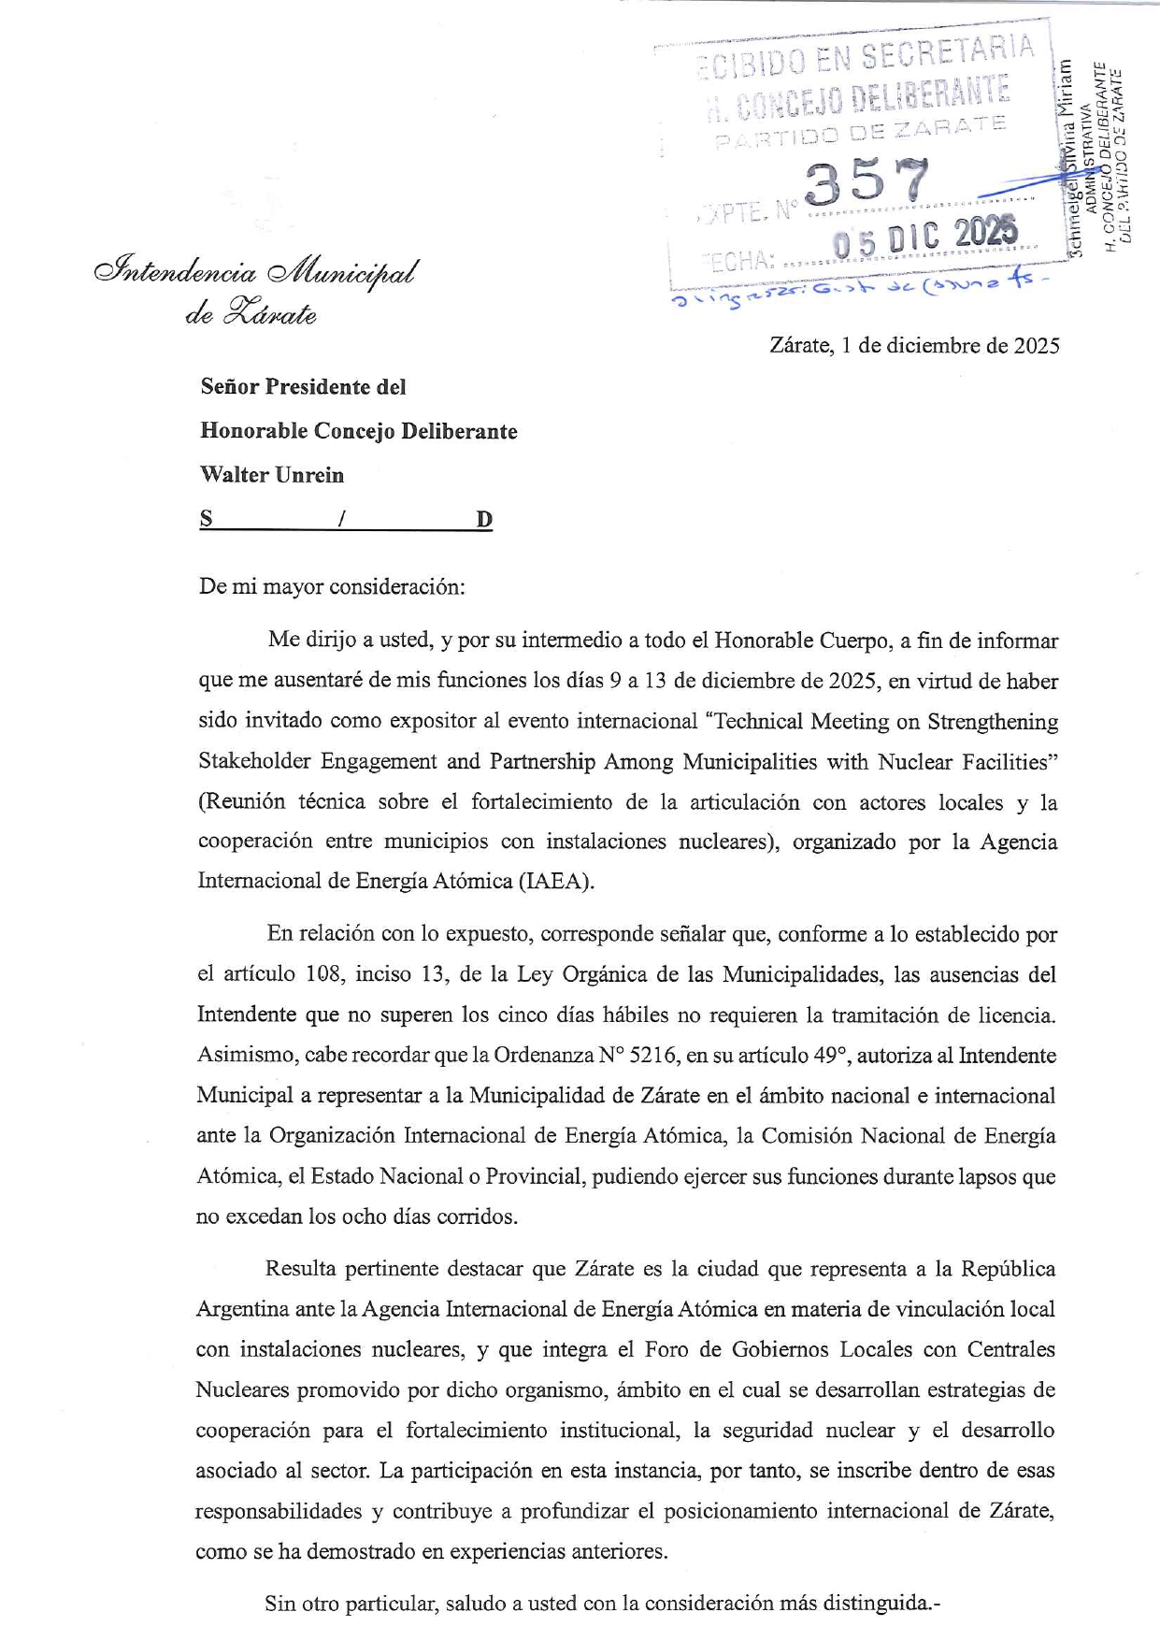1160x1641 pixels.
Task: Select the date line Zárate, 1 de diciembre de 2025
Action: pyautogui.click(x=914, y=346)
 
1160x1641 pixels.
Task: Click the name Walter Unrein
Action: pyautogui.click(x=272, y=475)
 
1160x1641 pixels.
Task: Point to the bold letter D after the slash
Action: pyautogui.click(x=483, y=520)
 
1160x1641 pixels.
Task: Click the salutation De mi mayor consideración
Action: pyautogui.click(x=331, y=587)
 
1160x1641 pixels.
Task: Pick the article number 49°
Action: pyautogui.click(x=828, y=1056)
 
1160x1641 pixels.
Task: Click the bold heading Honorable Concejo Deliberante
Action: pyautogui.click(x=359, y=431)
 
